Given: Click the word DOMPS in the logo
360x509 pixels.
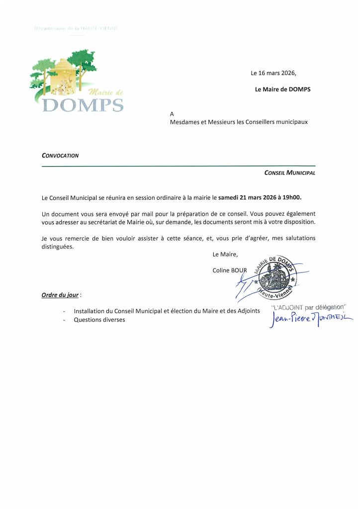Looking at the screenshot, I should tap(83, 105).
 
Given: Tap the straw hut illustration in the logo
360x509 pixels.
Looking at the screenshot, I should tap(62, 76).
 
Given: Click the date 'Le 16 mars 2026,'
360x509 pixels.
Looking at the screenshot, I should tap(273, 73).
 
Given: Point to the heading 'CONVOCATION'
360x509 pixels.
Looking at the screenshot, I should tap(60, 155).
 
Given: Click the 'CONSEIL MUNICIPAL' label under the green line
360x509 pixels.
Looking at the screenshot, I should tap(290, 173).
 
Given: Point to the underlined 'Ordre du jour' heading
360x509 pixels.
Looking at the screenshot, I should tap(60, 295).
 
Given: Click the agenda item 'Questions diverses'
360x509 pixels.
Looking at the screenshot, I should tap(99, 320).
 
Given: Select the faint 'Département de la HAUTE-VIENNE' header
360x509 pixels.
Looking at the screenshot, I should tap(76, 28).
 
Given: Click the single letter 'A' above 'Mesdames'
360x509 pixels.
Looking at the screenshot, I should tap(172, 113).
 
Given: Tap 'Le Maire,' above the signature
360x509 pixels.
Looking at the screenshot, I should tap(225, 254).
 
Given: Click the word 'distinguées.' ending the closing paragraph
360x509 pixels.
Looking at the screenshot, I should tap(58, 247).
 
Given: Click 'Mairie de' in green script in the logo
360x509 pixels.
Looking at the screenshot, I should tap(105, 92).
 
